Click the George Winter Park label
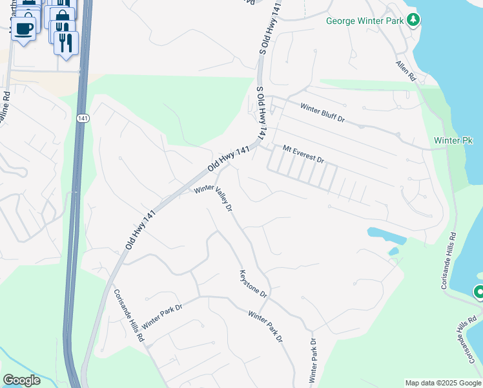(x=365, y=21)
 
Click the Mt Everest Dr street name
(x=302, y=154)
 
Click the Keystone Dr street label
(x=252, y=283)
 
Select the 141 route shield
(x=82, y=118)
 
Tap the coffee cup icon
(x=24, y=28)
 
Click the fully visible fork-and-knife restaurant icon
(x=65, y=42)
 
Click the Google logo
(x=21, y=380)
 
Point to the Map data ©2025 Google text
(x=442, y=383)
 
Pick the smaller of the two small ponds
(x=393, y=252)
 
